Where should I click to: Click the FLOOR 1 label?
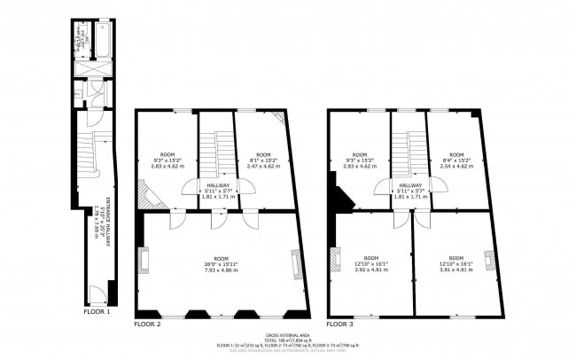(96, 312)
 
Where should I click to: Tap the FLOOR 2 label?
(147, 324)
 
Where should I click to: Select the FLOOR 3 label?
(340, 324)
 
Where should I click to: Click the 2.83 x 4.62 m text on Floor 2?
(166, 166)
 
